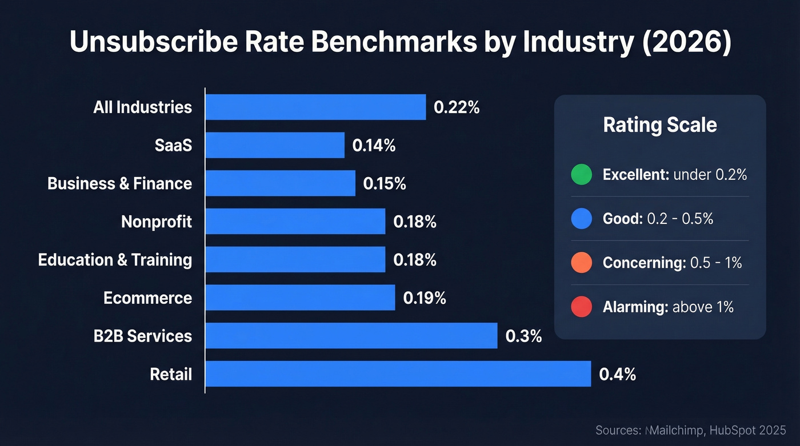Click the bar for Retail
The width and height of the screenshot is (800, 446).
click(398, 374)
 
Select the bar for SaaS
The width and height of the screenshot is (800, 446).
click(275, 145)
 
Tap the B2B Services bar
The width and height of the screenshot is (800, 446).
click(351, 336)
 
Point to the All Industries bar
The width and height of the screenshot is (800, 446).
click(315, 107)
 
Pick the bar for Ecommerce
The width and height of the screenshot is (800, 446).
click(300, 298)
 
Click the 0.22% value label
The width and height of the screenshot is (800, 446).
click(457, 107)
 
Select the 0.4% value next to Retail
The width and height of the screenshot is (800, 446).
click(617, 375)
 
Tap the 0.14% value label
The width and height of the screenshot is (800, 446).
click(374, 146)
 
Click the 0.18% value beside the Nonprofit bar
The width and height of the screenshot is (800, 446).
click(415, 222)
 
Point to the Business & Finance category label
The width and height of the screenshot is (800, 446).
click(119, 183)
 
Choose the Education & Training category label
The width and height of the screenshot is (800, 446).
click(115, 260)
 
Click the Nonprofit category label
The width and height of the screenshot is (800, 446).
click(157, 222)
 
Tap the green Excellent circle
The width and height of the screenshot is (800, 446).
click(581, 175)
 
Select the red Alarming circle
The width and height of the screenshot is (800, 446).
click(581, 307)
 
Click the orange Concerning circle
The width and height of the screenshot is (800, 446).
click(581, 263)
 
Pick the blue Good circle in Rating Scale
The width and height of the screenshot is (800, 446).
click(581, 219)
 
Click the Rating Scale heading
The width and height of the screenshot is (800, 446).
click(660, 125)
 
